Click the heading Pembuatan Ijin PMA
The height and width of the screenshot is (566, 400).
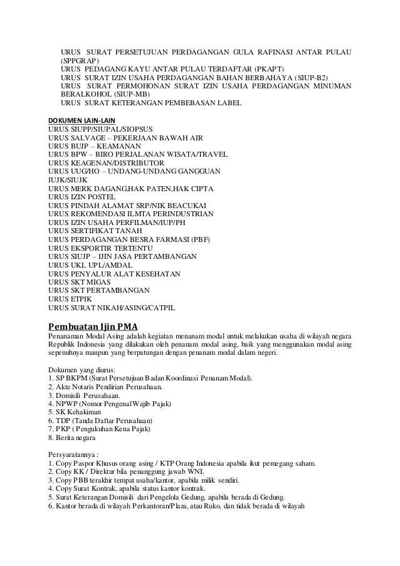click(93, 327)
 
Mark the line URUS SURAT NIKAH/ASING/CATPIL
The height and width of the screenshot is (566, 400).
click(112, 309)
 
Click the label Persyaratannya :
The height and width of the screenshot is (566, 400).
click(78, 454)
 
